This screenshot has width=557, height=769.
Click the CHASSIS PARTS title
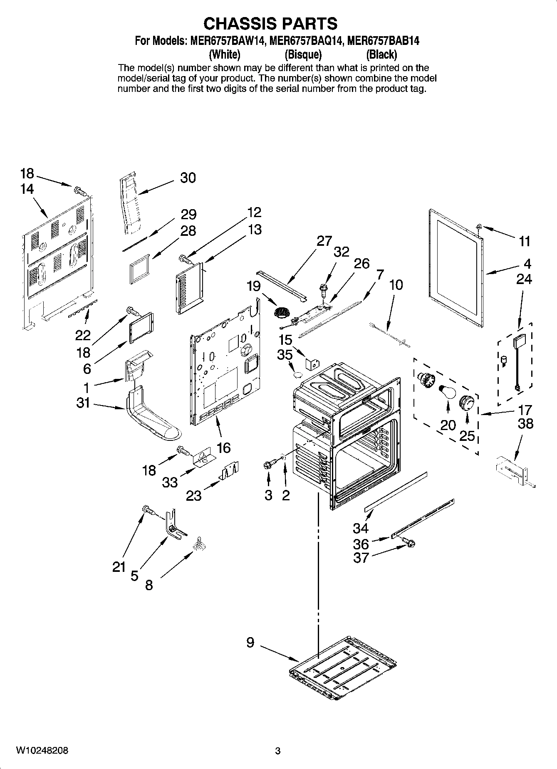tap(270, 24)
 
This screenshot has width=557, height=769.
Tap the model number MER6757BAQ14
tap(306, 41)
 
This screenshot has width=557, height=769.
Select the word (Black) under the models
tap(381, 54)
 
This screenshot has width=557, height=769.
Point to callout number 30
tap(188, 178)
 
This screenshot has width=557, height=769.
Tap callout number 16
tap(223, 448)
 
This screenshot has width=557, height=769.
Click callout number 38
tap(525, 424)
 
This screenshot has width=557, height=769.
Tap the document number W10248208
tap(42, 751)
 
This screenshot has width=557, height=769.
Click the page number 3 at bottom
tap(278, 751)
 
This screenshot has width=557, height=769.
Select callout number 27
tap(324, 241)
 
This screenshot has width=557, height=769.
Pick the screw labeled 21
tap(147, 509)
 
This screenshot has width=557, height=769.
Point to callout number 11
tap(524, 241)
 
